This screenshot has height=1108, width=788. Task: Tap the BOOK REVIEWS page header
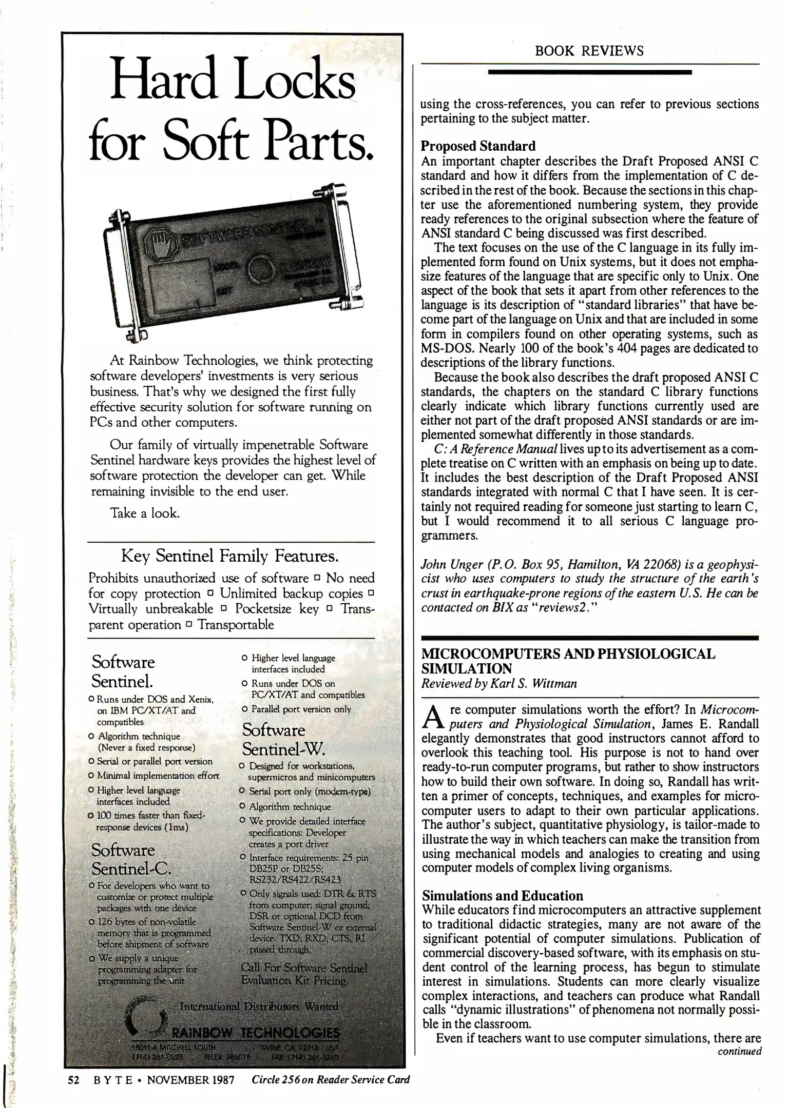click(589, 50)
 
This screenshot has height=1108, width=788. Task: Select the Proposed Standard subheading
click(477, 146)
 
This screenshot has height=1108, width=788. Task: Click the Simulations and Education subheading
click(502, 896)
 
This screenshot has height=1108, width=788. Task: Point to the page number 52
click(73, 1080)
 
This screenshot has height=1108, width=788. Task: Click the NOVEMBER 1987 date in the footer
click(190, 1080)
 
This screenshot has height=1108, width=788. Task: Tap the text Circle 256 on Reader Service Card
click(331, 1079)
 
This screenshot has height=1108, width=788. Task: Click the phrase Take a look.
click(145, 513)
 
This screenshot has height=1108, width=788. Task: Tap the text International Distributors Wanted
click(259, 1006)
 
